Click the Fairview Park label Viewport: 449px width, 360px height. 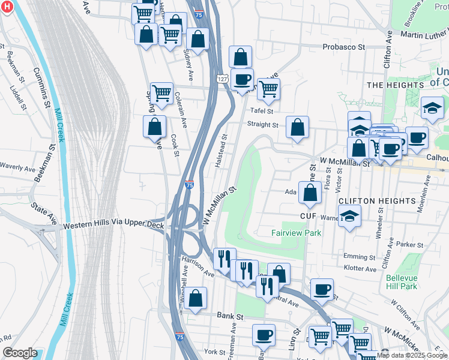click(296, 233)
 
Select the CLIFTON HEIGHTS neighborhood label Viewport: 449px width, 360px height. click(376, 200)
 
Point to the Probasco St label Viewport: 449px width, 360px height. click(343, 46)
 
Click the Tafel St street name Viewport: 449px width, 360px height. click(262, 111)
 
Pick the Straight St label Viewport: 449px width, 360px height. click(263, 125)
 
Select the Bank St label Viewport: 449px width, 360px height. click(230, 316)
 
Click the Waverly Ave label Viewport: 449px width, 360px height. click(18, 167)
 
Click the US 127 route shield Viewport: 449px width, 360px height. click(221, 79)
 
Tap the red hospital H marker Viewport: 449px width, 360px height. click(7, 7)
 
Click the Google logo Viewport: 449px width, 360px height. click(20, 353)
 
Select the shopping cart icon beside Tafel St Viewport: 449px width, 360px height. click(268, 89)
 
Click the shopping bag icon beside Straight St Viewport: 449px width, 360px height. click(297, 127)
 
